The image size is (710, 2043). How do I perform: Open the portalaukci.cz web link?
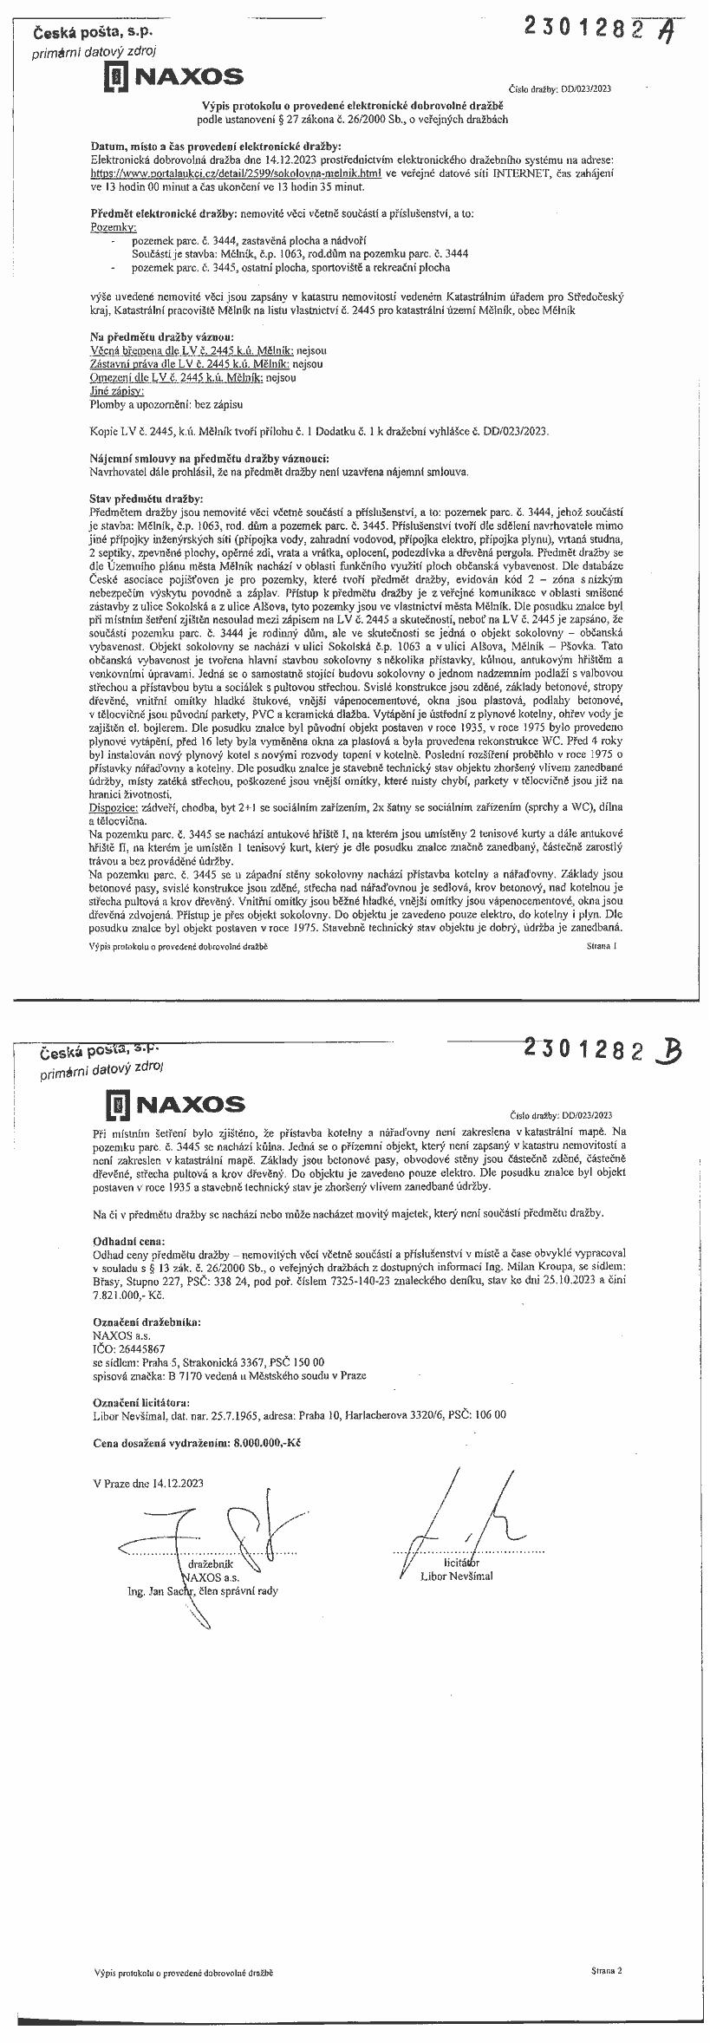tap(237, 173)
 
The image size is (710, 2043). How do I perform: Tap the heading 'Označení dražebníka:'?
tap(146, 1322)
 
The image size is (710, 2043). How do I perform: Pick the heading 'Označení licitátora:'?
tap(140, 1401)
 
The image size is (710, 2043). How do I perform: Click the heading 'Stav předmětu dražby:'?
tap(147, 499)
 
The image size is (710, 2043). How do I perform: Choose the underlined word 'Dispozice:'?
tap(114, 806)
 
